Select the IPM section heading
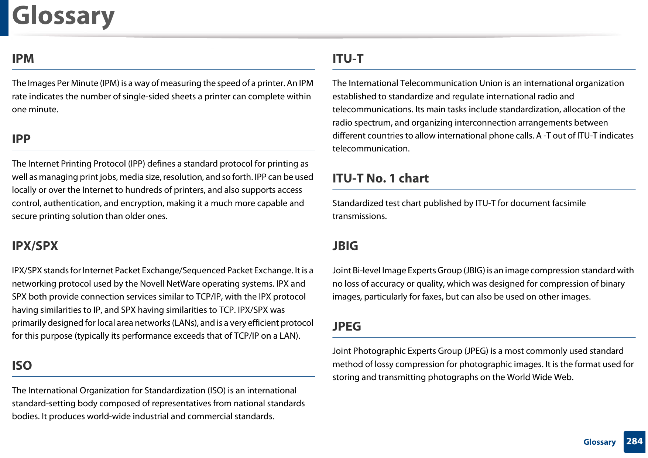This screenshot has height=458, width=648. pos(23,59)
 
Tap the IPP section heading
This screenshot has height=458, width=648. pos(21,139)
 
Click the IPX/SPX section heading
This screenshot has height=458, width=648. pos(35,246)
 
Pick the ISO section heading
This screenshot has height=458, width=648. pos(22,366)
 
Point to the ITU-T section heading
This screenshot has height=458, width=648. pos(348,59)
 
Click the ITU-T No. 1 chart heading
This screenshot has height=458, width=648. pos(380,178)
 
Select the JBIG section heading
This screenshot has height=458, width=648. pos(345,246)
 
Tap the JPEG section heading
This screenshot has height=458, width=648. pos(347,327)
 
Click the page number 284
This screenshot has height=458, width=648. pos(634,441)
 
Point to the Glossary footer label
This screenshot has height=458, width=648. pos(599,442)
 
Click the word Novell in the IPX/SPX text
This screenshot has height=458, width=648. pos(151,284)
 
